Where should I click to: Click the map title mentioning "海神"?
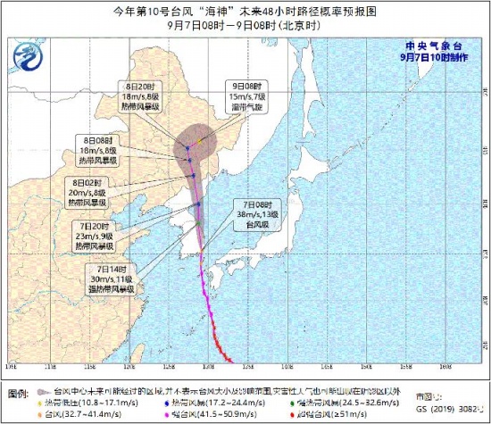(245, 12)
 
